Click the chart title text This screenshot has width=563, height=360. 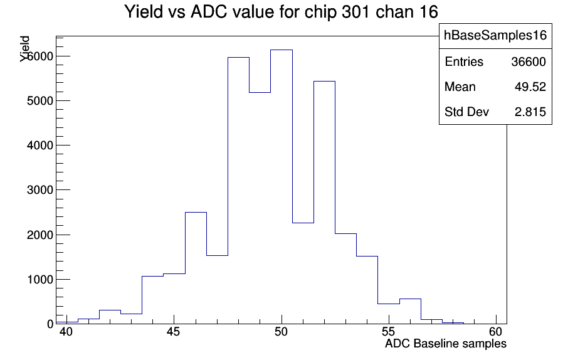(281, 12)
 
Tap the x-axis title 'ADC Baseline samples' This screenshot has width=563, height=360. (446, 344)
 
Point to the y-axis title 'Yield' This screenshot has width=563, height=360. (25, 49)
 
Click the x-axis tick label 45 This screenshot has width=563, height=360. (174, 332)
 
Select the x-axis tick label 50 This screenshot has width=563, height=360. (281, 332)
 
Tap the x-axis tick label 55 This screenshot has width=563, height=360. (389, 332)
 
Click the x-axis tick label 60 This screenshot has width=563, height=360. (496, 332)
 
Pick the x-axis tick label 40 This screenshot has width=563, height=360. (66, 332)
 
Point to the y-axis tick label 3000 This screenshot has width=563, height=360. (40, 190)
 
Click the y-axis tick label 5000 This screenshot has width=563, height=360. (40, 101)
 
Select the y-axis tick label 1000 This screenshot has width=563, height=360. (40, 280)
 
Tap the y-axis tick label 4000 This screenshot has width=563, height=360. (40, 146)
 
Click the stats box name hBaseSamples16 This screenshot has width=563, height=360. (495, 35)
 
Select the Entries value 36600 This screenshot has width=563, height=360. (529, 62)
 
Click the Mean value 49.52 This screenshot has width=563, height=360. (530, 87)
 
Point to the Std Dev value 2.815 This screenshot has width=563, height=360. (530, 112)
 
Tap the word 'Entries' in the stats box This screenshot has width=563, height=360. (464, 62)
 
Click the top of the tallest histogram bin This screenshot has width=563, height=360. (281, 50)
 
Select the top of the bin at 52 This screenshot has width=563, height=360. (324, 81)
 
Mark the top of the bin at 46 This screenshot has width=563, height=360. (196, 213)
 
